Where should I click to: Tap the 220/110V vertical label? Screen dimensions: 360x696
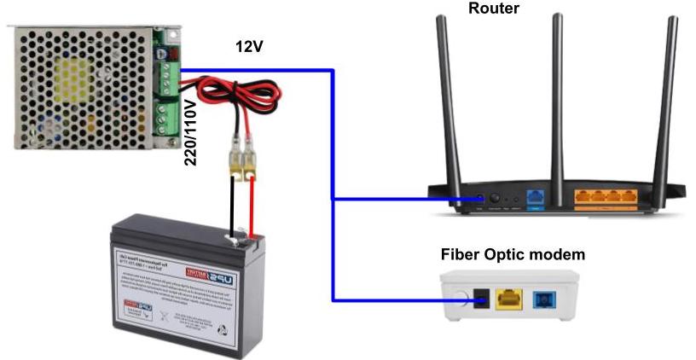tap(190, 132)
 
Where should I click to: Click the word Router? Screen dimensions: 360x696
tap(493, 9)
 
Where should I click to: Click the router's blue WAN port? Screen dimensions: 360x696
tap(536, 196)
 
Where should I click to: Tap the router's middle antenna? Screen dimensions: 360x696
tap(556, 94)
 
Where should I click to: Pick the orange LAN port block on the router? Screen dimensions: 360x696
tap(606, 196)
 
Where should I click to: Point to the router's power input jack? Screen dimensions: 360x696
tap(480, 198)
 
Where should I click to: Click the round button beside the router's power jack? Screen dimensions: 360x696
tap(494, 198)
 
